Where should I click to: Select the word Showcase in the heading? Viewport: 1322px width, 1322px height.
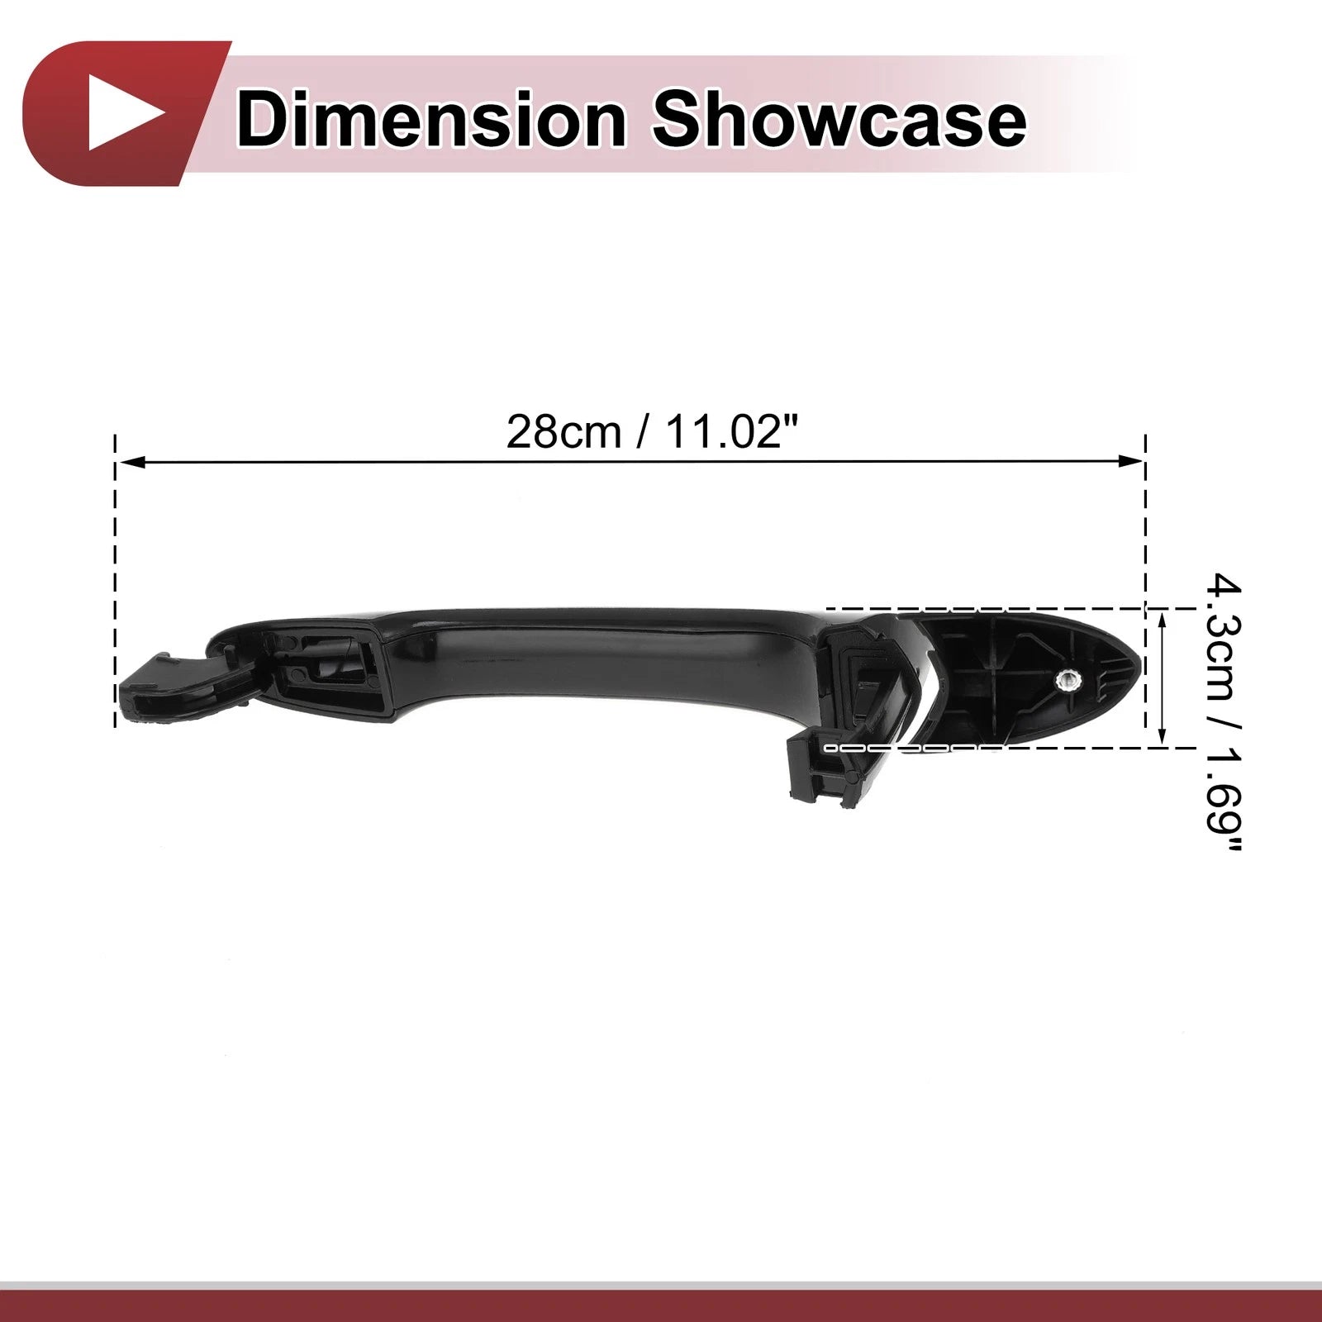click(839, 121)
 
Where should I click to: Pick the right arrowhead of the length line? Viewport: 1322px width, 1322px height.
click(1129, 463)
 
